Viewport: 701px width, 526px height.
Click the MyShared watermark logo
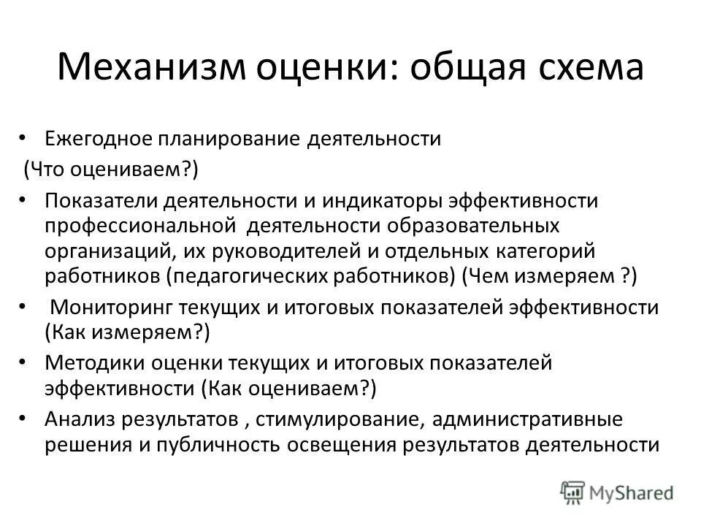pos(617,492)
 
